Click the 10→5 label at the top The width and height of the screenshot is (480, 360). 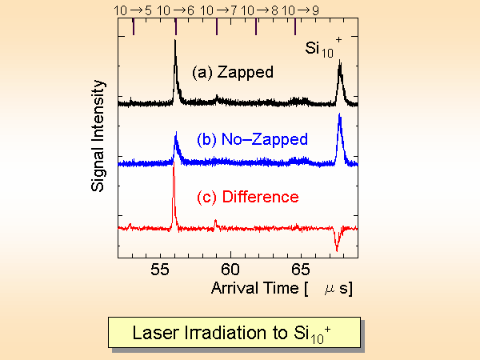click(x=134, y=10)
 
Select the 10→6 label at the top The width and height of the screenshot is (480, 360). click(x=174, y=10)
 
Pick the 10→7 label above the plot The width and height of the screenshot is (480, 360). click(x=216, y=10)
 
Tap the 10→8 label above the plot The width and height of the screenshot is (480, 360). click(x=257, y=10)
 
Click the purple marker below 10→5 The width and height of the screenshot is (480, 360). click(x=134, y=27)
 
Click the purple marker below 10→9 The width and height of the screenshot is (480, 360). click(x=295, y=27)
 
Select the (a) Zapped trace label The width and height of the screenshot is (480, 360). click(x=232, y=72)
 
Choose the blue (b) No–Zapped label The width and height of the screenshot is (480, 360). click(x=252, y=139)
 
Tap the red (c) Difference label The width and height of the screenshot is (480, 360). click(x=248, y=197)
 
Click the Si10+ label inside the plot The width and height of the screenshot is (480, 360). click(x=322, y=48)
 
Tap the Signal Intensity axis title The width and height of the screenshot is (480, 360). click(x=99, y=141)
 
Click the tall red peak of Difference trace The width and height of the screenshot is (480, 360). click(x=173, y=180)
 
